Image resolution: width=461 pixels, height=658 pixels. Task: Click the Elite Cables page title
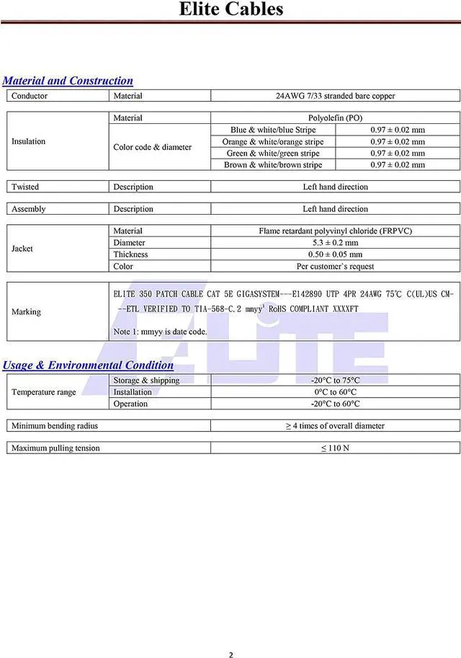(x=230, y=9)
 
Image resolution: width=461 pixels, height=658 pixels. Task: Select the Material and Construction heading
(x=68, y=81)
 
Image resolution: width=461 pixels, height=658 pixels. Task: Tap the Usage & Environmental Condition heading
(x=88, y=365)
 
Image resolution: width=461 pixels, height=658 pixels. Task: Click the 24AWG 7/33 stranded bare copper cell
(x=335, y=96)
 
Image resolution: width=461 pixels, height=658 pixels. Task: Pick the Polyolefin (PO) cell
(x=335, y=118)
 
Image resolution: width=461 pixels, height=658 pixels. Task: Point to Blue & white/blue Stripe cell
(x=273, y=130)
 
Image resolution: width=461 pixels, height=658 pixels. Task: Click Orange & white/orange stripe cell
(x=273, y=142)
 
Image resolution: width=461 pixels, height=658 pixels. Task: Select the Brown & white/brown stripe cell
(x=273, y=165)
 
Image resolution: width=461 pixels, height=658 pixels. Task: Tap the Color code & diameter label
(x=152, y=147)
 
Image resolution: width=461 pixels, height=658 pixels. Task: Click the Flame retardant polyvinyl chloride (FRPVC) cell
(x=335, y=231)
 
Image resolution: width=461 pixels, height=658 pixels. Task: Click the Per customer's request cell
(x=335, y=267)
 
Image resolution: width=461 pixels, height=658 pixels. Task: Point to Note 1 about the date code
(x=160, y=332)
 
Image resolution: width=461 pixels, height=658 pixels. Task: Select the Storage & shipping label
(x=146, y=381)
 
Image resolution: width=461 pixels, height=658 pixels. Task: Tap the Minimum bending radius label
(x=55, y=426)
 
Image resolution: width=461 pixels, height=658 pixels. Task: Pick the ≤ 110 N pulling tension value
(x=335, y=448)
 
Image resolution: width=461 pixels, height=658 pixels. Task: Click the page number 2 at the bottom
(x=230, y=635)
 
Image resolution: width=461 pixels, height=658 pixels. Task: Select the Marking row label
(x=26, y=312)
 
